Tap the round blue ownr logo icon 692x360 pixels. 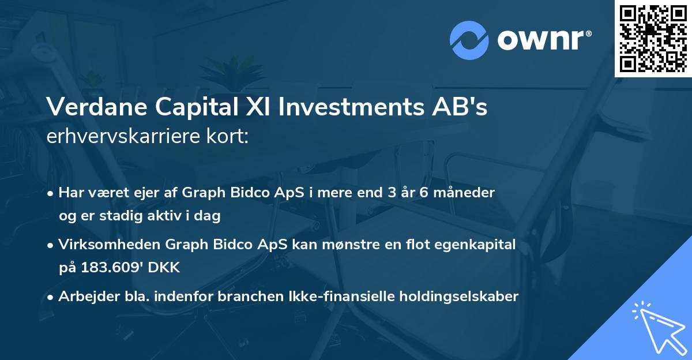click(469, 40)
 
